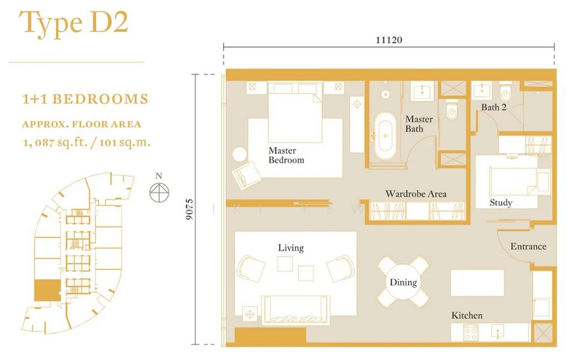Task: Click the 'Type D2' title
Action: [x=74, y=23]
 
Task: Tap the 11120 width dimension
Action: [x=388, y=40]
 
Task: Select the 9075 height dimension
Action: [x=189, y=209]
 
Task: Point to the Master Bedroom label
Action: [x=286, y=156]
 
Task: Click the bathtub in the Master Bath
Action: [x=385, y=136]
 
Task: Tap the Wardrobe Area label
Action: [x=415, y=194]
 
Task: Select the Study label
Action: [x=501, y=202]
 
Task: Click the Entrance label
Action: [x=528, y=246]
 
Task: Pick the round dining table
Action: [x=403, y=282]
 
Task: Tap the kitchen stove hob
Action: [x=471, y=332]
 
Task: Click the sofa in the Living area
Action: [x=295, y=310]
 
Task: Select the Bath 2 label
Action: [x=493, y=107]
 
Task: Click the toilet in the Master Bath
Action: [x=452, y=110]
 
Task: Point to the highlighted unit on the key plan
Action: [x=47, y=290]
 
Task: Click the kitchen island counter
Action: [x=477, y=283]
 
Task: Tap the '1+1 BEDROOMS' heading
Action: [x=85, y=99]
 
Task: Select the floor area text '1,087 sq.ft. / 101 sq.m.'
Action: [x=87, y=142]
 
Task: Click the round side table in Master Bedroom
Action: [x=240, y=154]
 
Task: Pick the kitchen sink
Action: [x=499, y=332]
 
